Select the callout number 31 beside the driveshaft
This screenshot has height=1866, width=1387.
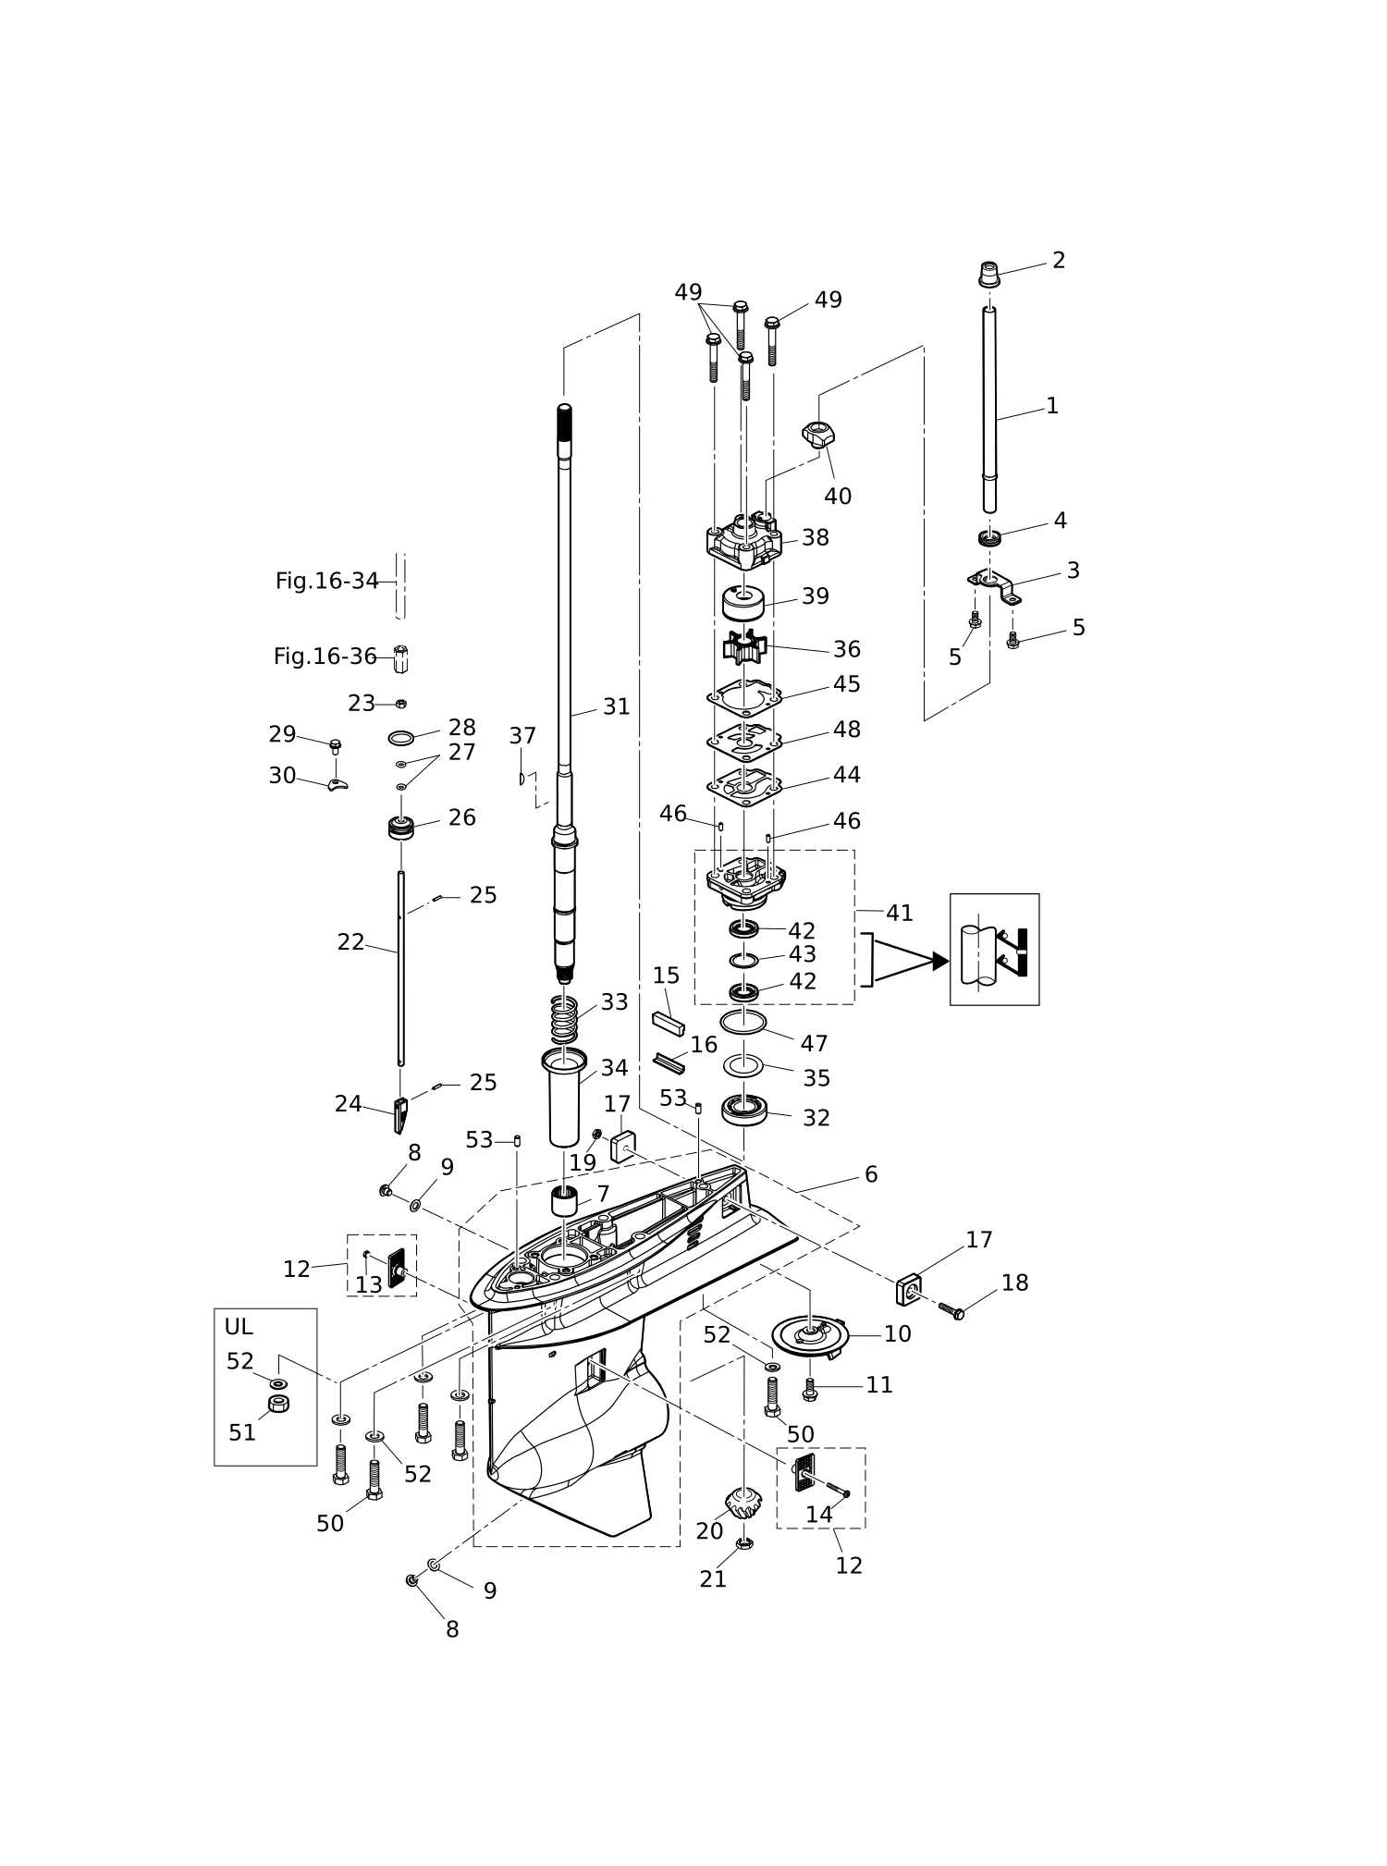[616, 706]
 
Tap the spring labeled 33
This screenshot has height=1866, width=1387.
[564, 1018]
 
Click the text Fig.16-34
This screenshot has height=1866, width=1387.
[327, 581]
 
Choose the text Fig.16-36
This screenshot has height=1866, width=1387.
[325, 657]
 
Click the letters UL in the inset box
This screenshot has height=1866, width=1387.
[239, 1327]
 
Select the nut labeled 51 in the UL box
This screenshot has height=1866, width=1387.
[279, 1404]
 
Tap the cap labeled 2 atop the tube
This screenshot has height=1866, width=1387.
[989, 275]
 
